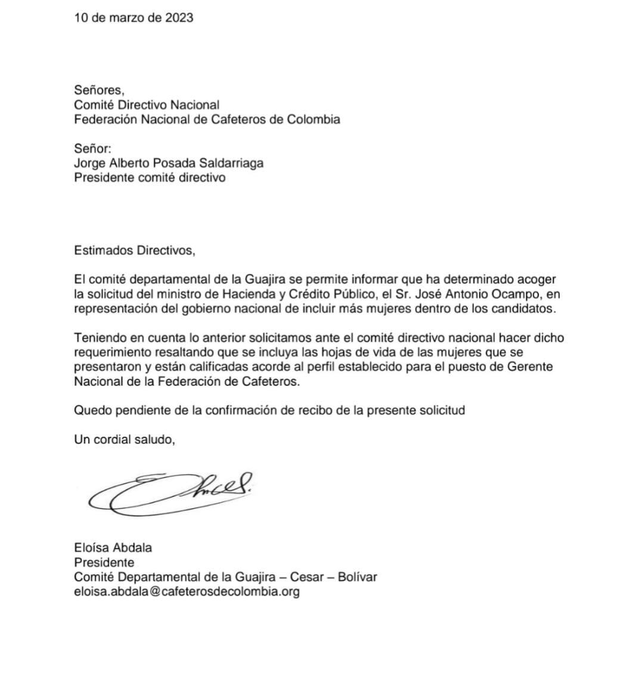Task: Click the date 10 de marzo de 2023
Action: click(x=134, y=18)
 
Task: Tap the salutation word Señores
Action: click(x=99, y=91)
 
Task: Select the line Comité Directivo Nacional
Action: click(x=147, y=105)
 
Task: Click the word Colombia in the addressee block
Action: click(x=314, y=119)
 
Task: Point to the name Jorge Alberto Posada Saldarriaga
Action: click(x=169, y=163)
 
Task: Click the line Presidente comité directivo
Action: click(x=150, y=177)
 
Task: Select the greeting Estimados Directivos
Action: click(x=135, y=250)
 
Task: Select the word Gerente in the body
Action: click(x=530, y=367)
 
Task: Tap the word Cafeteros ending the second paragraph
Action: click(x=268, y=382)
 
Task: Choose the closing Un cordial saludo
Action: click(x=125, y=439)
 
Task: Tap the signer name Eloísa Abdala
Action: click(x=113, y=548)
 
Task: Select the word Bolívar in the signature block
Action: click(x=357, y=577)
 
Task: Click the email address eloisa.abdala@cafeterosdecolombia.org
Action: click(x=187, y=592)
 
